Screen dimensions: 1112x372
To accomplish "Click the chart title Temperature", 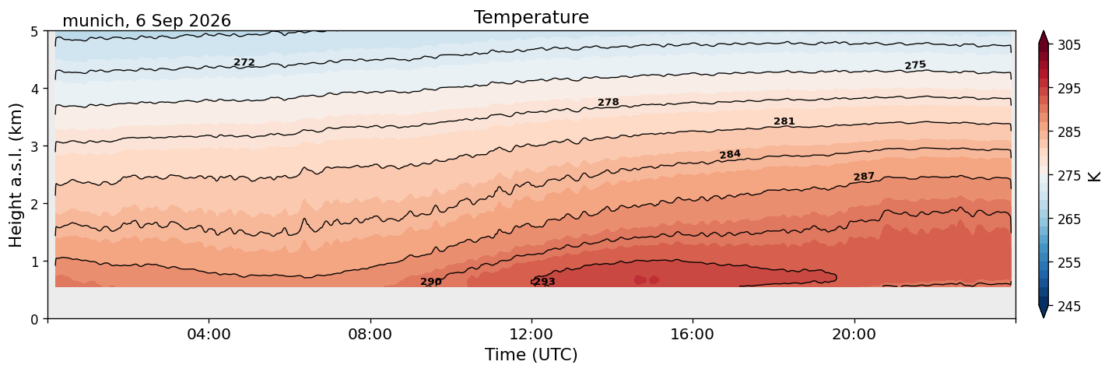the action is pyautogui.click(x=531, y=17).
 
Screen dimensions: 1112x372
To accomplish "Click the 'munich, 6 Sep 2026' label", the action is pyautogui.click(x=146, y=21).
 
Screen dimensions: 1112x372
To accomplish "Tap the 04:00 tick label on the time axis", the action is pyautogui.click(x=209, y=334).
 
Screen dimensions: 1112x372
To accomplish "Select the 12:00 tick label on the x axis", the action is pyautogui.click(x=531, y=334).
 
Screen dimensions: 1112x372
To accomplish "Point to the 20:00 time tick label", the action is pyautogui.click(x=854, y=334).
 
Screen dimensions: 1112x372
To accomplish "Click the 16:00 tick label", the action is pyautogui.click(x=693, y=334).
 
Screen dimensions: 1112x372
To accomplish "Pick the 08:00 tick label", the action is pyautogui.click(x=370, y=334).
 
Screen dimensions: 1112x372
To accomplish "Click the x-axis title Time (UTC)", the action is pyautogui.click(x=531, y=355).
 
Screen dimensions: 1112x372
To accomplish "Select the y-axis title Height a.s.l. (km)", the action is pyautogui.click(x=16, y=175).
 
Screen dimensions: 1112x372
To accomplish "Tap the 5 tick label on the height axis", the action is pyautogui.click(x=35, y=32).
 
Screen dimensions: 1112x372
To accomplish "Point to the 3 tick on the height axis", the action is pyautogui.click(x=35, y=146).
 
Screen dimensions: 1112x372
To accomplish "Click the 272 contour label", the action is pyautogui.click(x=244, y=62).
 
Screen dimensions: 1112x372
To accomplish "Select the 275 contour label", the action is pyautogui.click(x=915, y=65).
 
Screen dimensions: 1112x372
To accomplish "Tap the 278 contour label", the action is pyautogui.click(x=608, y=102).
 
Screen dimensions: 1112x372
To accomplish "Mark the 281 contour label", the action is pyautogui.click(x=784, y=121).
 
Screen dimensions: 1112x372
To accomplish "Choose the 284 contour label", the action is pyautogui.click(x=730, y=154).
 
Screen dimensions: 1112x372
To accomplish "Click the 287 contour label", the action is pyautogui.click(x=864, y=177).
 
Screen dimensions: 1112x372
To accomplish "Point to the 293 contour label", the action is pyautogui.click(x=545, y=282).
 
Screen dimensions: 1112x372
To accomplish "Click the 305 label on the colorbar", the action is pyautogui.click(x=1069, y=45).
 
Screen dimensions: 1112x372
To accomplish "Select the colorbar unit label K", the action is pyautogui.click(x=1094, y=177).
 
